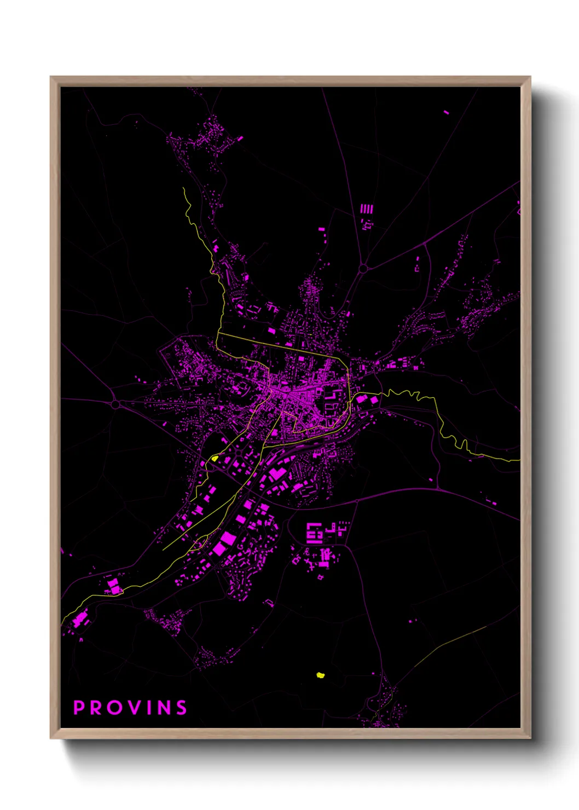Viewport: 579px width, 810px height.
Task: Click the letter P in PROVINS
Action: [79, 708]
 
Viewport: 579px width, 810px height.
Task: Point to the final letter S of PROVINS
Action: [181, 708]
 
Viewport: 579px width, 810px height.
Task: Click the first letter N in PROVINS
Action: [163, 708]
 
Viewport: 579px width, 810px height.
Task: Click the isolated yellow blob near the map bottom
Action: [321, 675]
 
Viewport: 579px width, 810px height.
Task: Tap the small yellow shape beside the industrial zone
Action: [215, 458]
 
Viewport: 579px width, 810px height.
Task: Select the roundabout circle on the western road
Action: [115, 404]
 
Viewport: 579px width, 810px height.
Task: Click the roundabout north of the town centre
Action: [363, 268]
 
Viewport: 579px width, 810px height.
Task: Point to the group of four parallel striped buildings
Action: [366, 209]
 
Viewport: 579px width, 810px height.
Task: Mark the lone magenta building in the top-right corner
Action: [446, 112]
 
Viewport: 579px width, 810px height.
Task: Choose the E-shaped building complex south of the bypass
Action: [314, 532]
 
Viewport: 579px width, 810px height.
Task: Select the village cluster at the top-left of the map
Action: [205, 137]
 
